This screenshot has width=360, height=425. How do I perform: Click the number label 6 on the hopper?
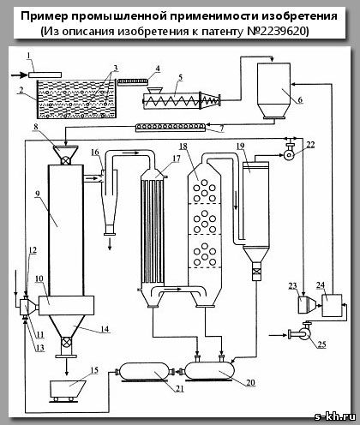(x=300, y=99)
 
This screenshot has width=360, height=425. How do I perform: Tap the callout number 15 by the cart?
(x=94, y=370)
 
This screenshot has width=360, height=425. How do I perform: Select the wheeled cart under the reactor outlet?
(x=68, y=391)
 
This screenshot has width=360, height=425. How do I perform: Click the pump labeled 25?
(x=302, y=332)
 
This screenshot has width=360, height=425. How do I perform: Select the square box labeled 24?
(x=332, y=305)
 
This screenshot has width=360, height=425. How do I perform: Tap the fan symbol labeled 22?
(x=289, y=154)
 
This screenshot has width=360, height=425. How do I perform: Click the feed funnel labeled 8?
(x=66, y=152)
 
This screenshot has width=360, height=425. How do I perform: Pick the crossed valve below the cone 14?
(x=66, y=342)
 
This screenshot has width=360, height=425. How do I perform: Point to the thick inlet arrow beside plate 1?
(x=20, y=75)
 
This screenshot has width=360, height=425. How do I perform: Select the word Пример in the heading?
(x=45, y=16)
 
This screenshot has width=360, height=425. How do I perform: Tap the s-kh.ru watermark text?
(x=335, y=416)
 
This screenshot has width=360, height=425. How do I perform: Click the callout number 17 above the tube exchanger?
(x=177, y=159)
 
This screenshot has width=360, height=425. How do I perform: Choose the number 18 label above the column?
(x=183, y=147)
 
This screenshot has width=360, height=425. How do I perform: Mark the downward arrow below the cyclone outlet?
(x=110, y=245)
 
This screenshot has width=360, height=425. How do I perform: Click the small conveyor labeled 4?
(x=133, y=81)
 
